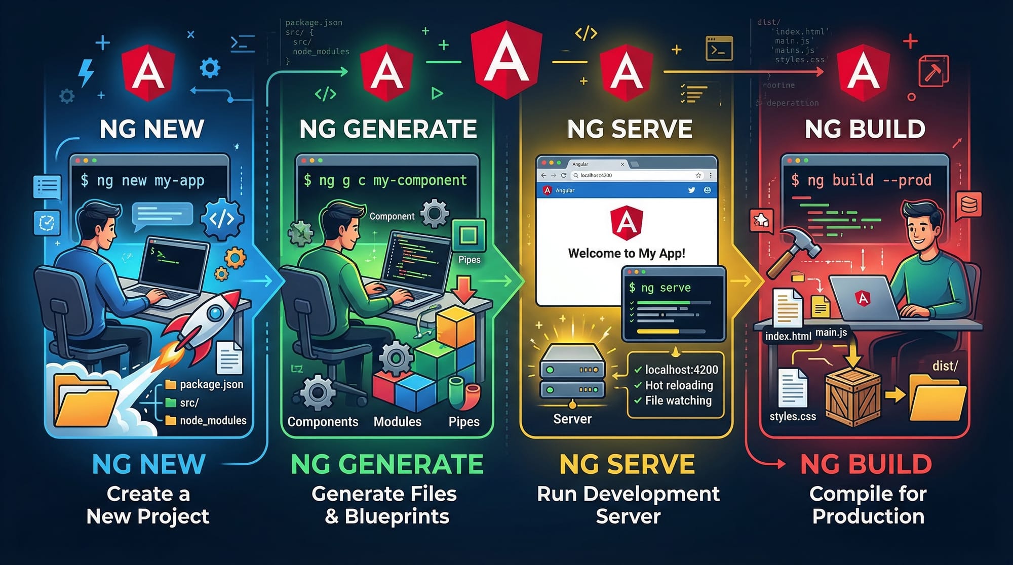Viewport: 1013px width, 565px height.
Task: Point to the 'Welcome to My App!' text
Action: click(627, 253)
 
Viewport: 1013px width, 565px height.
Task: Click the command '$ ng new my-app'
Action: click(142, 180)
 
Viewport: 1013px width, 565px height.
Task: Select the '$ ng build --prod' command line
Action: click(861, 180)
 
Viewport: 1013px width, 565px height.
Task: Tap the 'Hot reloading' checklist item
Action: click(679, 385)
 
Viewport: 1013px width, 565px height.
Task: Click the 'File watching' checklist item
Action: click(678, 400)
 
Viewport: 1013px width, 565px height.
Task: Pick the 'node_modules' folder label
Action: click(213, 420)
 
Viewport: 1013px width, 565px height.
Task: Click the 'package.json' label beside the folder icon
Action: click(211, 384)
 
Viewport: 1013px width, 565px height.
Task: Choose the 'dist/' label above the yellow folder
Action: click(945, 366)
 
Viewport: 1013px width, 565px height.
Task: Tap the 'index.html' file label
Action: click(788, 336)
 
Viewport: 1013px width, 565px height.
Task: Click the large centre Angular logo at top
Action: click(506, 58)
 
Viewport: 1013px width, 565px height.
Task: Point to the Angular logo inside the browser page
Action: click(627, 222)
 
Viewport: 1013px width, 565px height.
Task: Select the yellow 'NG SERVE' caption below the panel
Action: click(627, 464)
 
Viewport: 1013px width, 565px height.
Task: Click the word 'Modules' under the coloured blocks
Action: click(397, 422)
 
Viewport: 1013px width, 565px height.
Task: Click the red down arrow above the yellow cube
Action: click(464, 288)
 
